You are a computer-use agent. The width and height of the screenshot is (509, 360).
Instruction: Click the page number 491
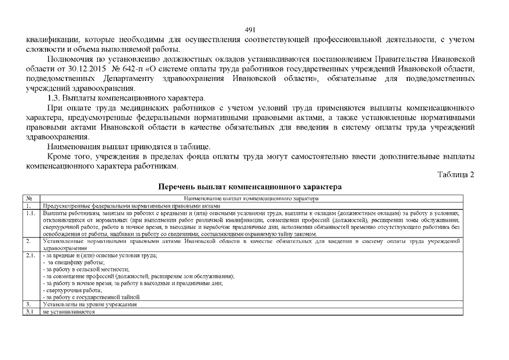(251, 30)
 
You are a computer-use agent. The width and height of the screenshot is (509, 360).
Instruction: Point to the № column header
(29, 199)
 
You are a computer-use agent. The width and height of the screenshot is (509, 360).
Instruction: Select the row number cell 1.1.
(31, 214)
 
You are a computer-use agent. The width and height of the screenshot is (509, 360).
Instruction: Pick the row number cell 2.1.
(31, 255)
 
